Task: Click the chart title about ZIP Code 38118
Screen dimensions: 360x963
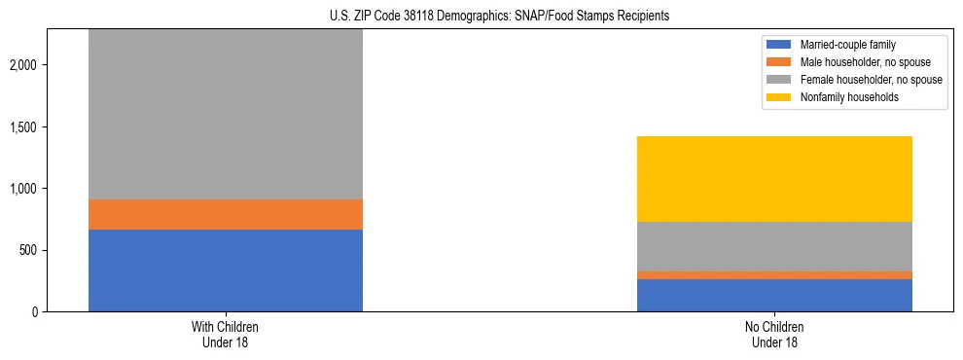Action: [x=481, y=17]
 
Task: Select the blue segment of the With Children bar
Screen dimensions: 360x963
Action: [x=226, y=270]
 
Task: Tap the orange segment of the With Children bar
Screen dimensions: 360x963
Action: [x=226, y=214]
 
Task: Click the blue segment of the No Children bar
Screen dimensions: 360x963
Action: [x=774, y=295]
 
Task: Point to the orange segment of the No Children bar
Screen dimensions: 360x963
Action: [x=774, y=275]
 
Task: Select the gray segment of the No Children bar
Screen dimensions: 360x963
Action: [x=774, y=246]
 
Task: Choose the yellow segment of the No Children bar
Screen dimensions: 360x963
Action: [x=774, y=179]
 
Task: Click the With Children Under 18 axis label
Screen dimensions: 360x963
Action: [x=226, y=335]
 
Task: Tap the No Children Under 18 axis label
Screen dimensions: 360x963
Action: [x=774, y=335]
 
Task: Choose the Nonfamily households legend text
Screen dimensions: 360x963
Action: [x=842, y=97]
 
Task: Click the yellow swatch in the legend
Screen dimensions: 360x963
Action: [x=779, y=97]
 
